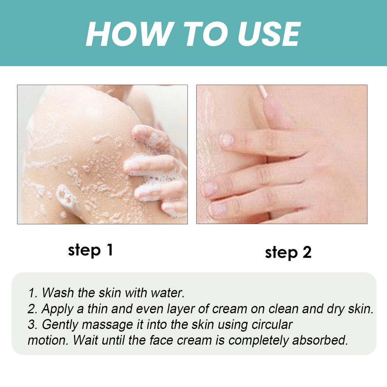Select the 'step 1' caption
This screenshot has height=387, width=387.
tap(90, 250)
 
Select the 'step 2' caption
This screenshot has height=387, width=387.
tap(288, 252)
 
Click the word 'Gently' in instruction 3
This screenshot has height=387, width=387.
tap(60, 324)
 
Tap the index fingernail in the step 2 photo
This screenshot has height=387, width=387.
tap(227, 140)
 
